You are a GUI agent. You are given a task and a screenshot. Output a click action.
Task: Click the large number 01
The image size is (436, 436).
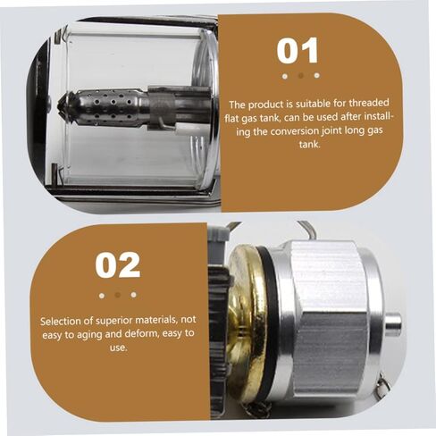pyautogui.click(x=298, y=51)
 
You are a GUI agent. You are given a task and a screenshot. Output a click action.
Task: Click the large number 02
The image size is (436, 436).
pyautogui.click(x=118, y=264)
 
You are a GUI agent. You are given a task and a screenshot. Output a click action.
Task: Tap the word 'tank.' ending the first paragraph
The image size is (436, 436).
pyautogui.click(x=310, y=145)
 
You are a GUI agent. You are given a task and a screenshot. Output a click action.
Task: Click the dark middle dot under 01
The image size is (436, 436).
pyautogui.click(x=301, y=76)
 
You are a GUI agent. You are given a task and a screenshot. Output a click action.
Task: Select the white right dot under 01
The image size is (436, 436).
pyautogui.click(x=317, y=75)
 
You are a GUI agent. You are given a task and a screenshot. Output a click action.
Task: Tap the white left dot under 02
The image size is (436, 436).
pyautogui.click(x=102, y=296)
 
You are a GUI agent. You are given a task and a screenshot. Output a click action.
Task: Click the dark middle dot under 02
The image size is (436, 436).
pyautogui.click(x=118, y=295)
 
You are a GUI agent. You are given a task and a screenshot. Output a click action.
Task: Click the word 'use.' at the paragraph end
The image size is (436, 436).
pyautogui.click(x=118, y=348)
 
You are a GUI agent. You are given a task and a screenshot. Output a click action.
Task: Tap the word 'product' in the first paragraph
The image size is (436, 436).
pyautogui.click(x=265, y=105)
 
